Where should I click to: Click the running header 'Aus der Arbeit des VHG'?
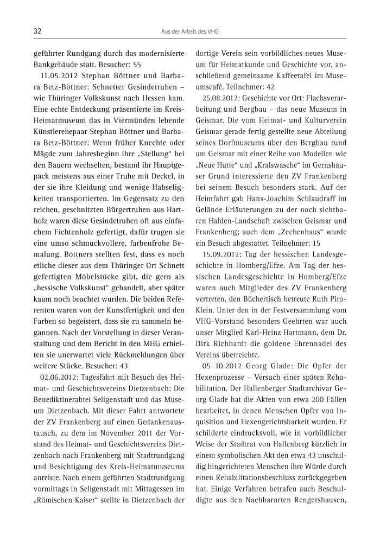pyautogui.click(x=189, y=32)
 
